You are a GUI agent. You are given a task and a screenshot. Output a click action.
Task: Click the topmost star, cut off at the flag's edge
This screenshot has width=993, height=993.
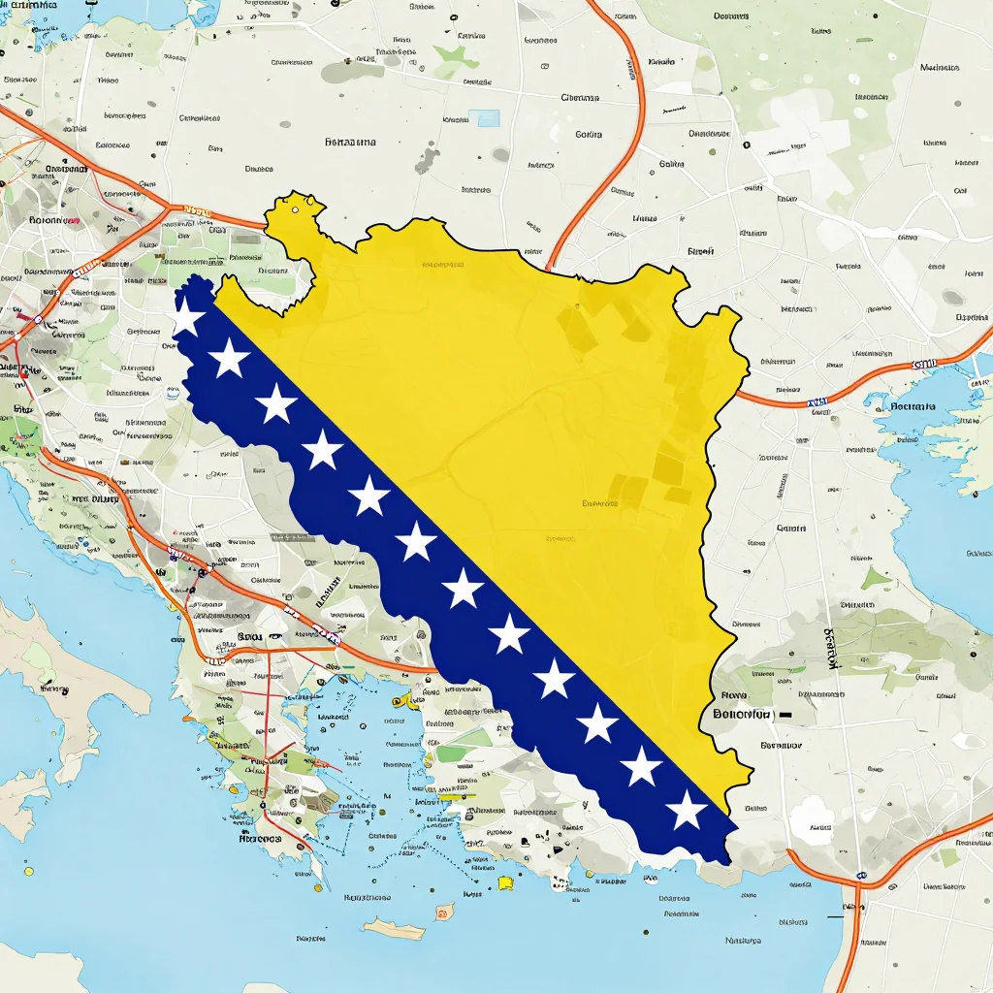pyautogui.click(x=186, y=316)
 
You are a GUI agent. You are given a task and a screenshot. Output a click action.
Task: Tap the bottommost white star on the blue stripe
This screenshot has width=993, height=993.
pyautogui.click(x=687, y=811)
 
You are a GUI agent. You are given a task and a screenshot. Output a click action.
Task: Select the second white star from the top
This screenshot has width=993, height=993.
pyautogui.click(x=230, y=359)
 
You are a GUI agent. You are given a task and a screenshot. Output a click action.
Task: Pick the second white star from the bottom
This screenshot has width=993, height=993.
pyautogui.click(x=641, y=766)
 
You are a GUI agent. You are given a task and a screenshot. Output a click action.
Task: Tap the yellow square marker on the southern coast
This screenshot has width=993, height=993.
pyautogui.click(x=505, y=882)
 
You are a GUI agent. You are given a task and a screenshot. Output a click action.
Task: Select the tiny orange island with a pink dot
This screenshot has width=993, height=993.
pyautogui.click(x=444, y=912)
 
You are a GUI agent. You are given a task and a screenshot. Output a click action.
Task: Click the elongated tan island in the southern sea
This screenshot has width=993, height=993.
pyautogui.click(x=394, y=928)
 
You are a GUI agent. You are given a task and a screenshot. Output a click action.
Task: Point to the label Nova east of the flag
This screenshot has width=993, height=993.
pyautogui.click(x=734, y=695)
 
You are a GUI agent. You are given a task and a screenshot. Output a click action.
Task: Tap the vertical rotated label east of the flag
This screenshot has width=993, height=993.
pyautogui.click(x=830, y=648)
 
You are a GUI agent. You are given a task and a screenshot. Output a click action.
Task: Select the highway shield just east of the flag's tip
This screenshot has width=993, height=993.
pyautogui.click(x=817, y=401)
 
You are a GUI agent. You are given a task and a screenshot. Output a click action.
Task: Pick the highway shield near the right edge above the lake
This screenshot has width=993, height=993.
pyautogui.click(x=924, y=366)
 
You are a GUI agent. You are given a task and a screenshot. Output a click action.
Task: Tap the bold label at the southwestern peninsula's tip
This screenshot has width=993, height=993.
pyautogui.click(x=260, y=839)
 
